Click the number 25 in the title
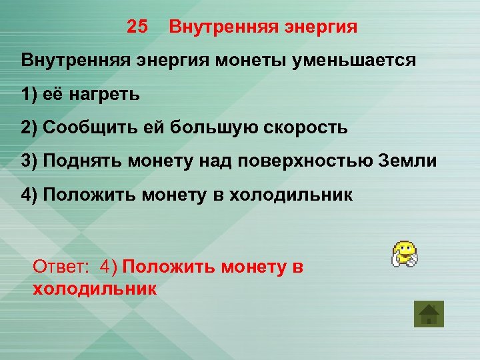point(137,27)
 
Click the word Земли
point(410,161)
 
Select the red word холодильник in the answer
point(94,288)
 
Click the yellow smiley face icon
point(403,255)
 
